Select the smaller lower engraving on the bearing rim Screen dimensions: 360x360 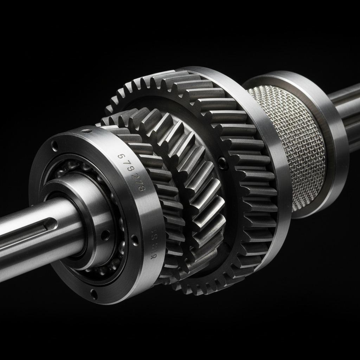coord(154,243)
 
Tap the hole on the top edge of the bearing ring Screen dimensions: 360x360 coord(87,131)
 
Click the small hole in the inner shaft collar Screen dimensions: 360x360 coord(104,234)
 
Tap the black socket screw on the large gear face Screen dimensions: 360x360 coord(223,162)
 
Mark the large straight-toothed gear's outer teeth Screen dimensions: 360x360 coord(253,197)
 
